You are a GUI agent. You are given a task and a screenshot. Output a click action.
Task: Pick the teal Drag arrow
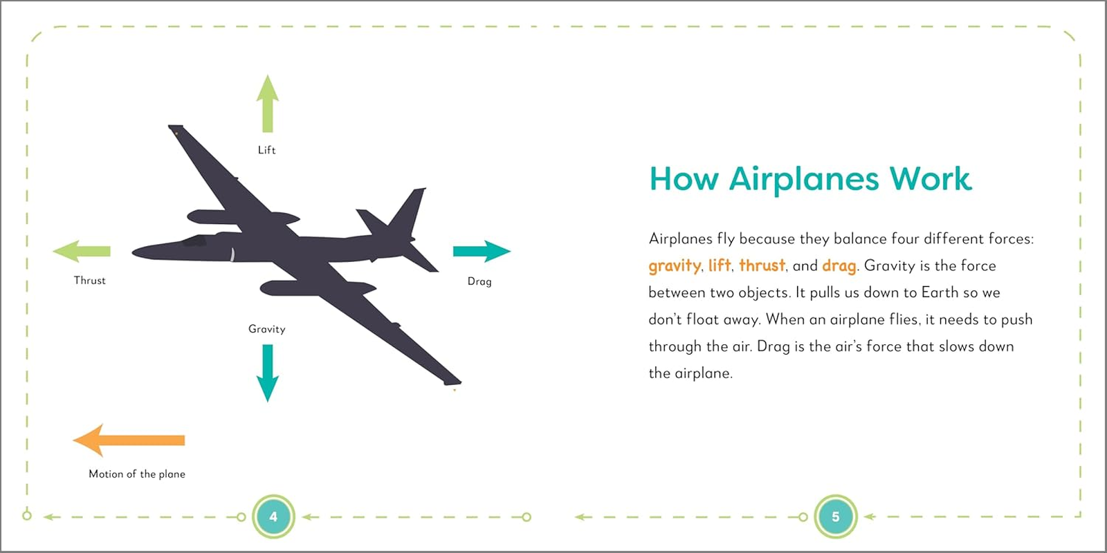click(x=482, y=251)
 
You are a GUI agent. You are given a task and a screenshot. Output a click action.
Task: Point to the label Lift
click(x=266, y=150)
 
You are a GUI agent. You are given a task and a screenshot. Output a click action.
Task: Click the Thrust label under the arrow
click(x=90, y=281)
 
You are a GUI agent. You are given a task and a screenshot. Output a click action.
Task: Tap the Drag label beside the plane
click(x=479, y=281)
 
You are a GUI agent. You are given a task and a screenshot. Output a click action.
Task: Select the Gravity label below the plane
click(x=267, y=329)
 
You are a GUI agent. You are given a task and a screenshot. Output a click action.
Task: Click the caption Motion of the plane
click(x=137, y=474)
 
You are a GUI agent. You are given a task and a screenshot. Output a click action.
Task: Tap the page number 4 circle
click(x=273, y=516)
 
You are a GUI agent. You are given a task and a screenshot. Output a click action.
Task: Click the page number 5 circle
click(x=835, y=516)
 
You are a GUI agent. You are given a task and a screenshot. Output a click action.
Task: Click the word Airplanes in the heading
click(x=803, y=179)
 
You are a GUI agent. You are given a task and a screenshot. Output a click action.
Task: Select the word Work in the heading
click(x=930, y=179)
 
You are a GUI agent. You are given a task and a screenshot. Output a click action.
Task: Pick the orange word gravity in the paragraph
click(x=675, y=266)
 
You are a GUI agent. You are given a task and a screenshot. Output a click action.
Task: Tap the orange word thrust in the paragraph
click(x=762, y=265)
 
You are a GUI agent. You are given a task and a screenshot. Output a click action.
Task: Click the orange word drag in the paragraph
click(x=839, y=266)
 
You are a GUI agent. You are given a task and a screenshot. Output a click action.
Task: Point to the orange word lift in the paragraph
click(x=720, y=265)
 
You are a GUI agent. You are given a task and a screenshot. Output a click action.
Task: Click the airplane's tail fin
click(x=408, y=211)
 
